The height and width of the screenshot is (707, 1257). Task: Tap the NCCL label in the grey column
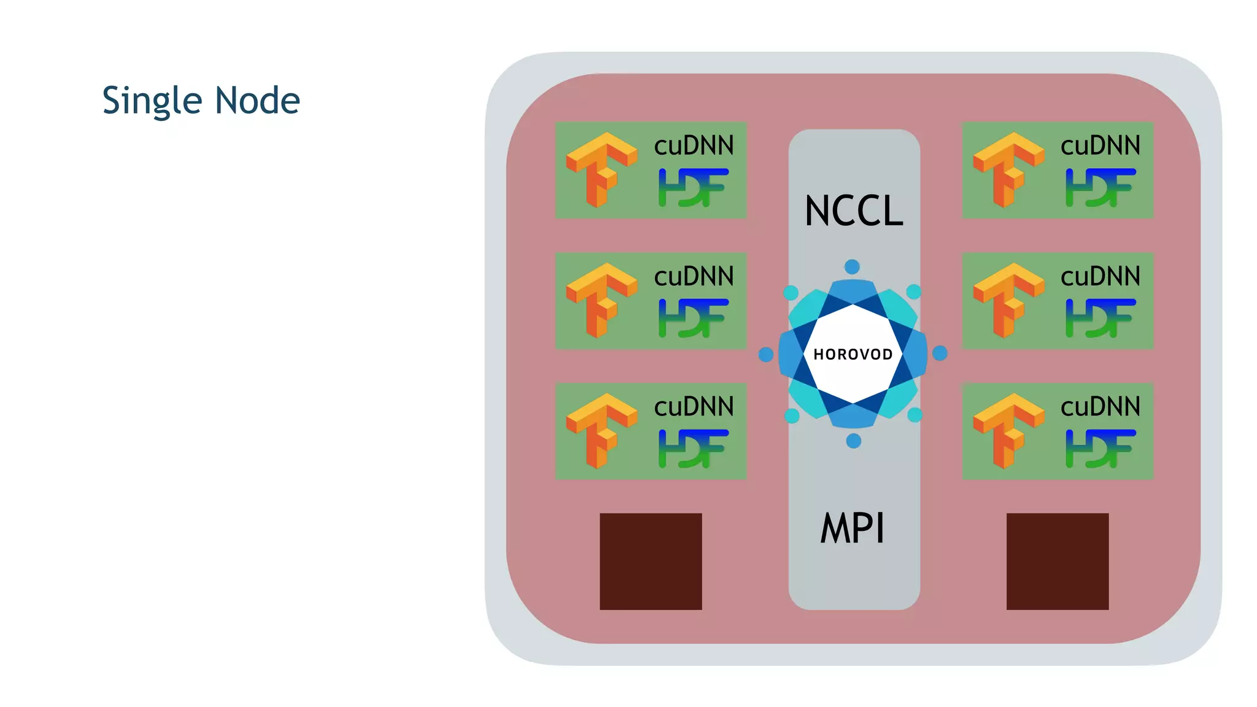(x=854, y=211)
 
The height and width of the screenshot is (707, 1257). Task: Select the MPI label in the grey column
(x=853, y=528)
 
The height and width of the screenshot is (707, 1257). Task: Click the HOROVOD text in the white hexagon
(x=853, y=354)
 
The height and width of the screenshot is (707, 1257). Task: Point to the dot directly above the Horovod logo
(x=852, y=267)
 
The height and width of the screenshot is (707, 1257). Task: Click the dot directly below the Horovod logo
(x=853, y=441)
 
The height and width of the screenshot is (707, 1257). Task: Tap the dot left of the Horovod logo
(x=766, y=355)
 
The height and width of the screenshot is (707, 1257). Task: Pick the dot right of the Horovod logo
(x=940, y=353)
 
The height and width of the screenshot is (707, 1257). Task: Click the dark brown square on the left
(x=651, y=561)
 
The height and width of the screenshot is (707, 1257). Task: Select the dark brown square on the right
(x=1057, y=561)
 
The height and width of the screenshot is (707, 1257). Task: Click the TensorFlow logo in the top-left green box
(x=601, y=170)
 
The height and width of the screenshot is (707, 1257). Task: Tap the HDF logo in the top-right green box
(x=1100, y=187)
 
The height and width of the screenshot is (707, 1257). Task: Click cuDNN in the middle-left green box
(x=694, y=277)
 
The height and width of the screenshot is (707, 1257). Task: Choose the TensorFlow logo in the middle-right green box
(x=1008, y=301)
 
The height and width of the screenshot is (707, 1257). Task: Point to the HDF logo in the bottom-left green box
(x=694, y=449)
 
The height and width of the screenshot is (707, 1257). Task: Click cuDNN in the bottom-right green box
(x=1100, y=407)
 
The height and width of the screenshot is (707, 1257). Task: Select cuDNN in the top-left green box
(x=694, y=146)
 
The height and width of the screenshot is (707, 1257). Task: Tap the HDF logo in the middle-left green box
(x=694, y=318)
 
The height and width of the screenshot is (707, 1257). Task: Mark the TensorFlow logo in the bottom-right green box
(x=1008, y=431)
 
